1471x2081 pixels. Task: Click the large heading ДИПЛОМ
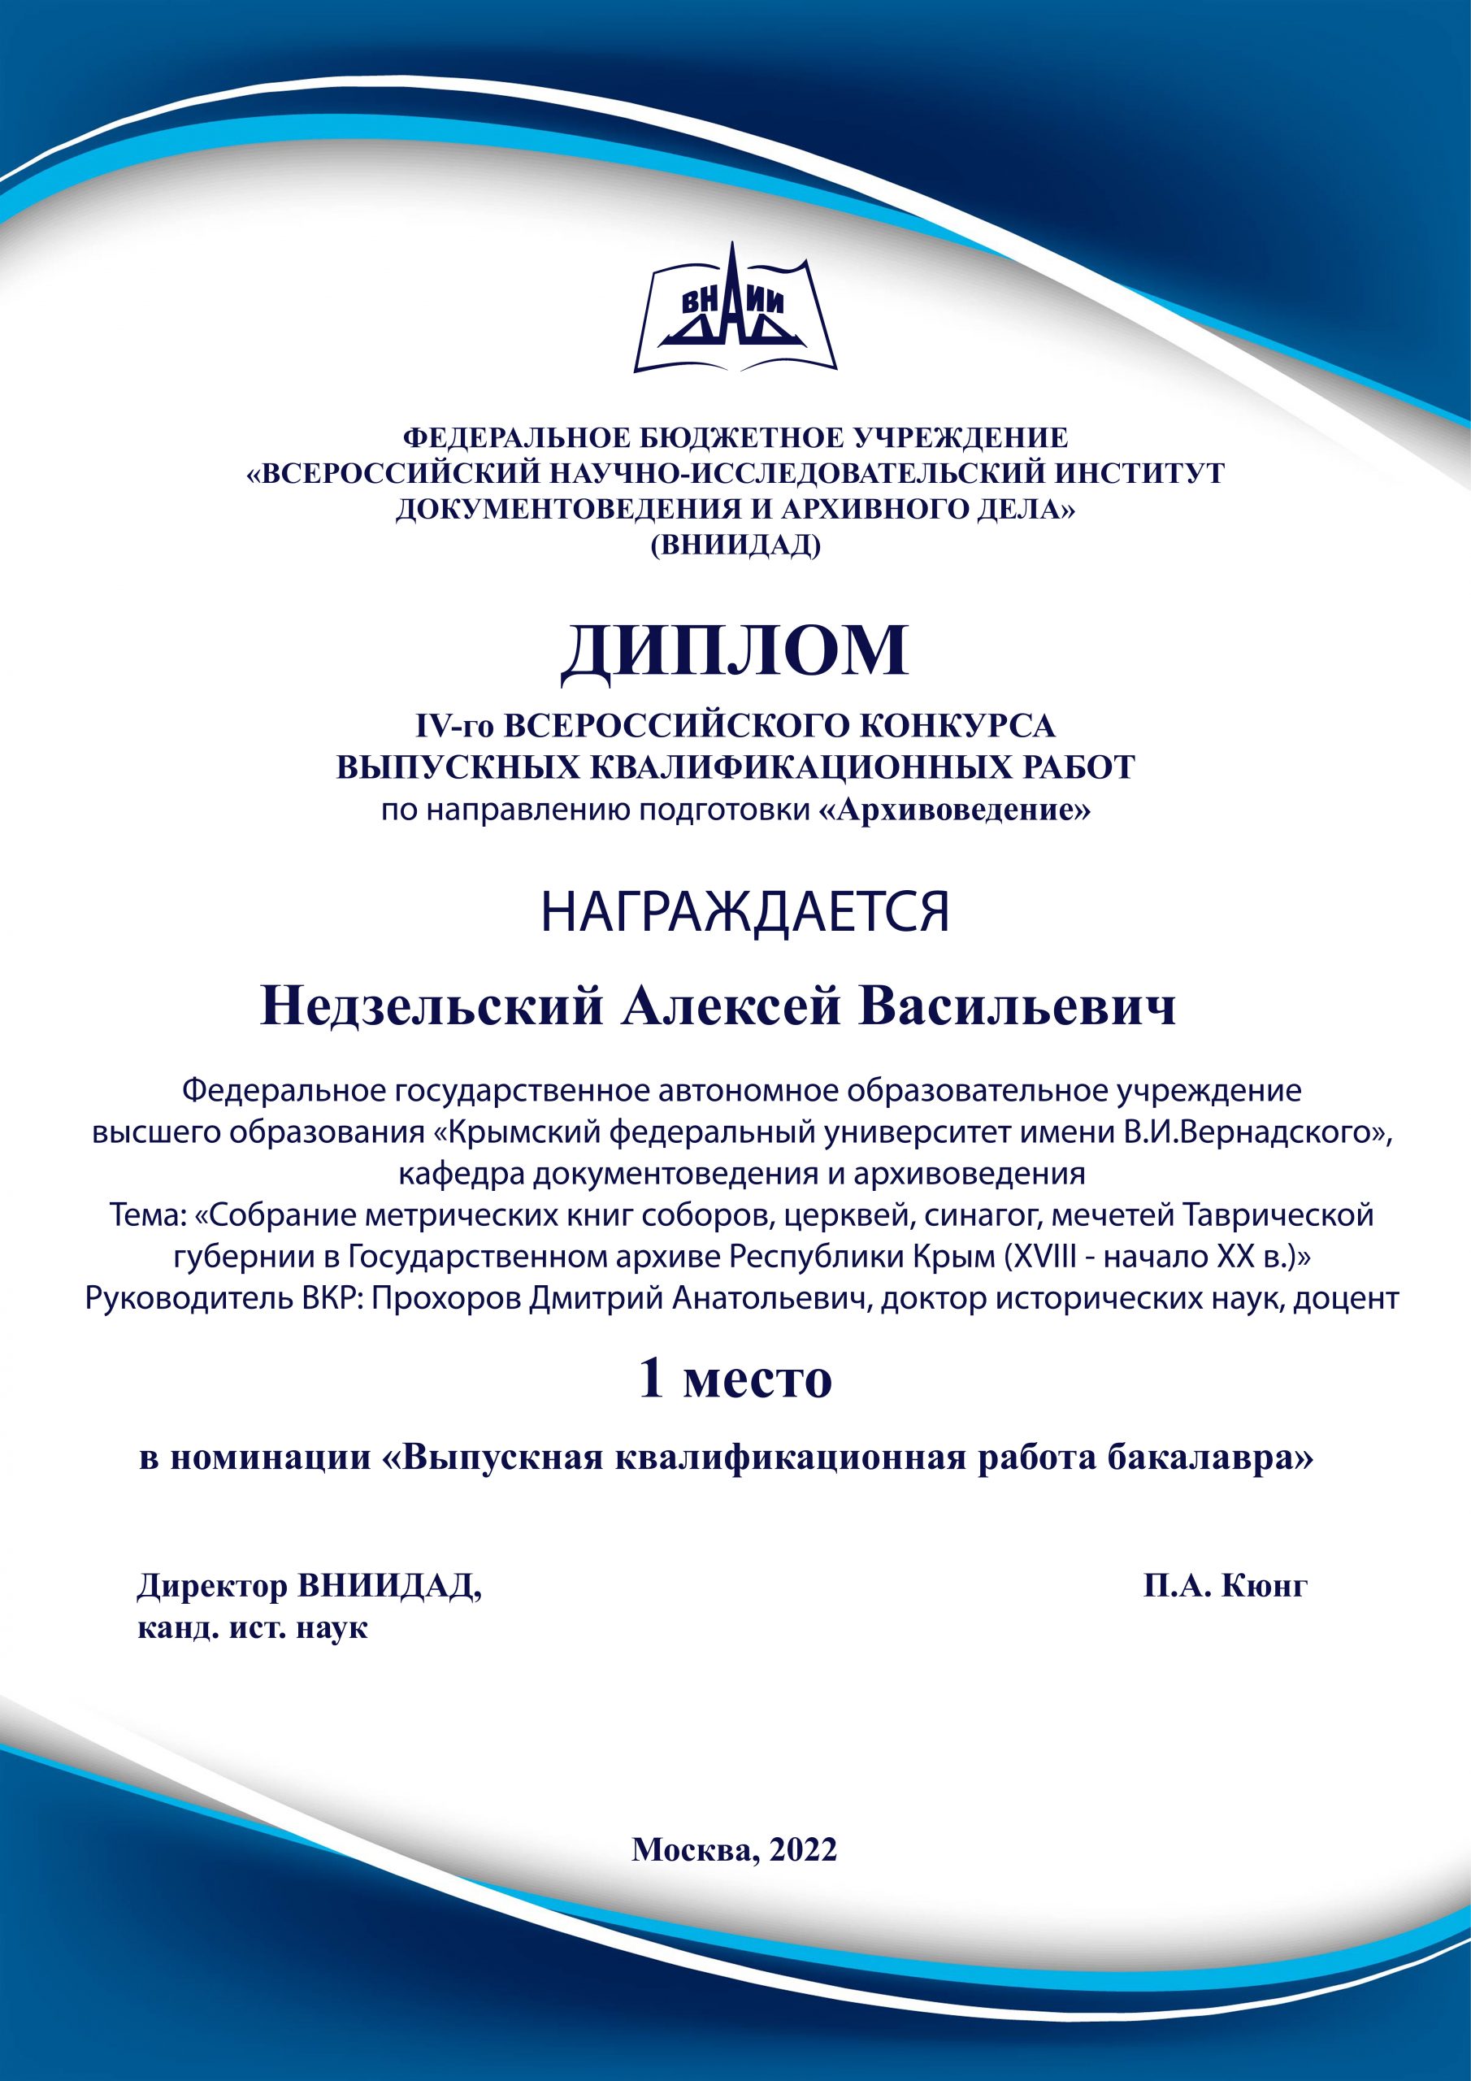coord(735,651)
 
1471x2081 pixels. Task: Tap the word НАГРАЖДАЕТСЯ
coord(744,913)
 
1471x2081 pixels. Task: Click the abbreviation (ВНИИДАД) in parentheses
coord(735,545)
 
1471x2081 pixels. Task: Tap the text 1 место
coord(735,1379)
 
